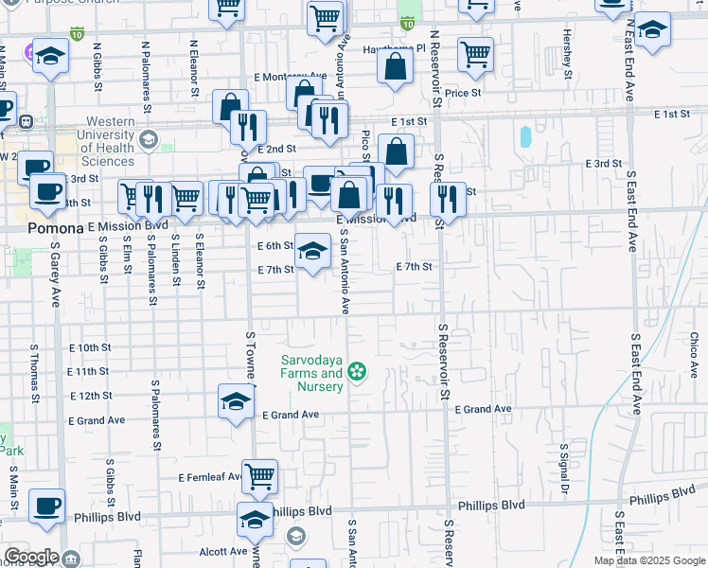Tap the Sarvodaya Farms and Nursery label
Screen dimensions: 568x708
[x=311, y=374]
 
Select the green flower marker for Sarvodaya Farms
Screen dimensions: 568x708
[x=357, y=372]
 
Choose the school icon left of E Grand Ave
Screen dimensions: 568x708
[x=236, y=401]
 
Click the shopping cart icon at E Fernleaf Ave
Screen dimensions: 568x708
[x=259, y=477]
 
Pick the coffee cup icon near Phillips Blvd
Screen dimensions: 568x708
[x=46, y=506]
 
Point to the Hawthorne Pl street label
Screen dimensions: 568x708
[x=395, y=47]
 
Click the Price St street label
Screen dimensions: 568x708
[x=464, y=93]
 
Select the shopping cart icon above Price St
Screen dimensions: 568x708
[x=474, y=54]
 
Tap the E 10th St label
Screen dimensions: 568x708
[x=90, y=347]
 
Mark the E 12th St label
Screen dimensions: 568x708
[x=90, y=396]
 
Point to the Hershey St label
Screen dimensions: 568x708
[x=568, y=59]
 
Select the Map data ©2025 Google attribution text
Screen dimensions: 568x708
[x=648, y=560]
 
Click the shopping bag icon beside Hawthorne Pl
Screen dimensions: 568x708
[x=395, y=66]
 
